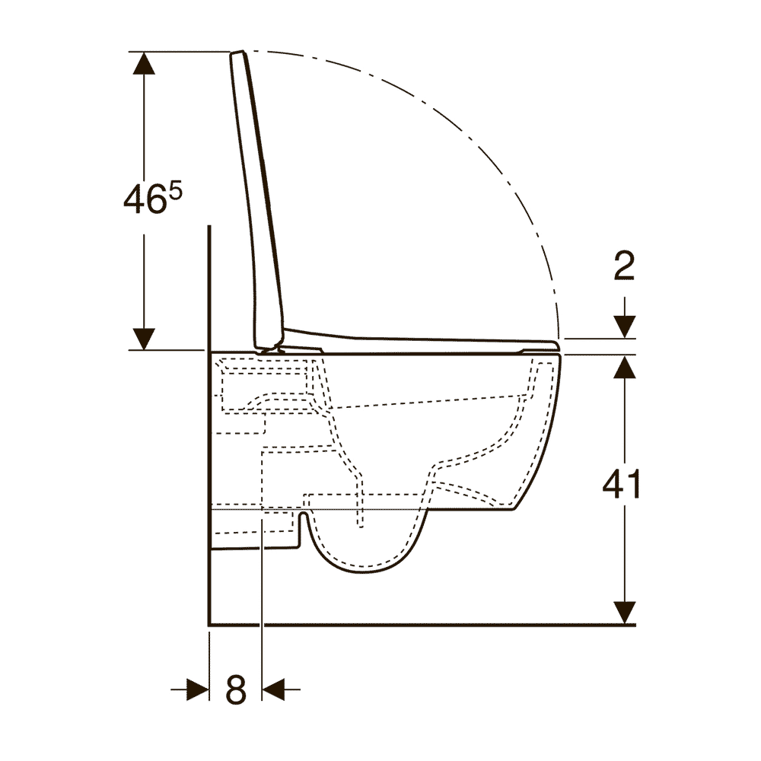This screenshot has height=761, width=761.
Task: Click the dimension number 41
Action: [x=622, y=485]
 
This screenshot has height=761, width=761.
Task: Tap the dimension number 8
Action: [x=236, y=690]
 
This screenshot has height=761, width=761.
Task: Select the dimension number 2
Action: [x=623, y=266]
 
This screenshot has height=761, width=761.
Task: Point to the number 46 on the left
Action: [x=145, y=200]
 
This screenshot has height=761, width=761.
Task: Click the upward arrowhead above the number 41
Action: [x=624, y=367]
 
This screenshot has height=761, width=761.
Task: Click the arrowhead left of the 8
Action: [x=198, y=690]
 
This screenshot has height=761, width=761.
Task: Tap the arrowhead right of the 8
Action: [x=272, y=690]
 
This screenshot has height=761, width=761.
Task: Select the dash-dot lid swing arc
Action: [x=472, y=145]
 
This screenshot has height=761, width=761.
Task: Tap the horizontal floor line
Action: [x=419, y=625]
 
